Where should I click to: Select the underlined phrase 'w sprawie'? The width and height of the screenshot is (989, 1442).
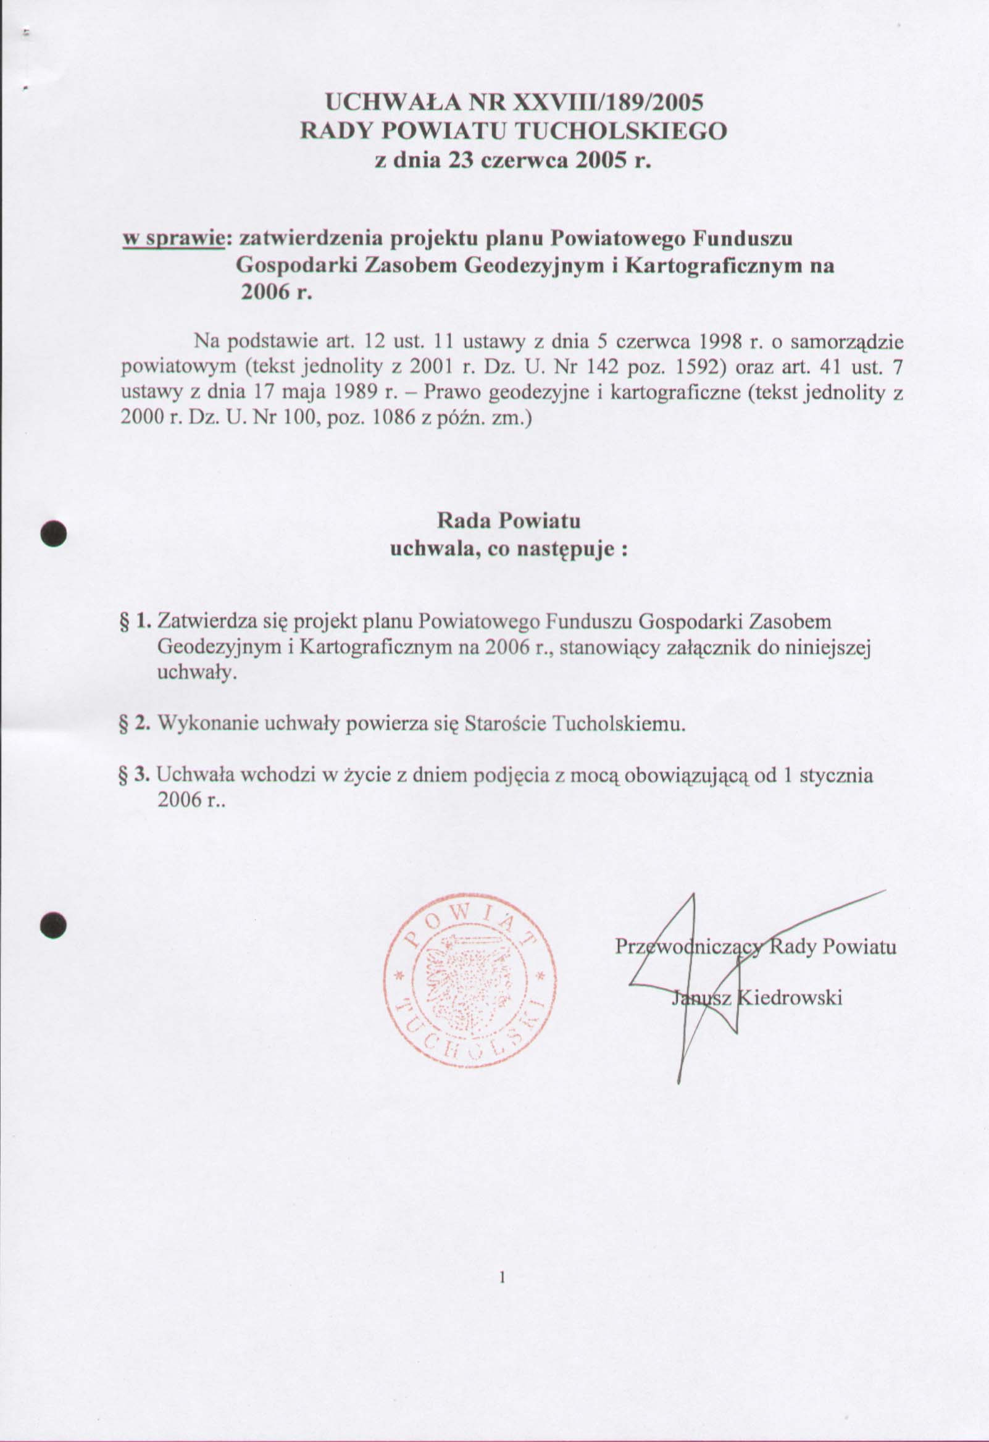pos(172,239)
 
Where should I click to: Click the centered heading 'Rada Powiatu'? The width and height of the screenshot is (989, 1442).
pos(508,520)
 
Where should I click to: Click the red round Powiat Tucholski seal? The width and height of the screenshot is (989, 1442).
pos(470,987)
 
